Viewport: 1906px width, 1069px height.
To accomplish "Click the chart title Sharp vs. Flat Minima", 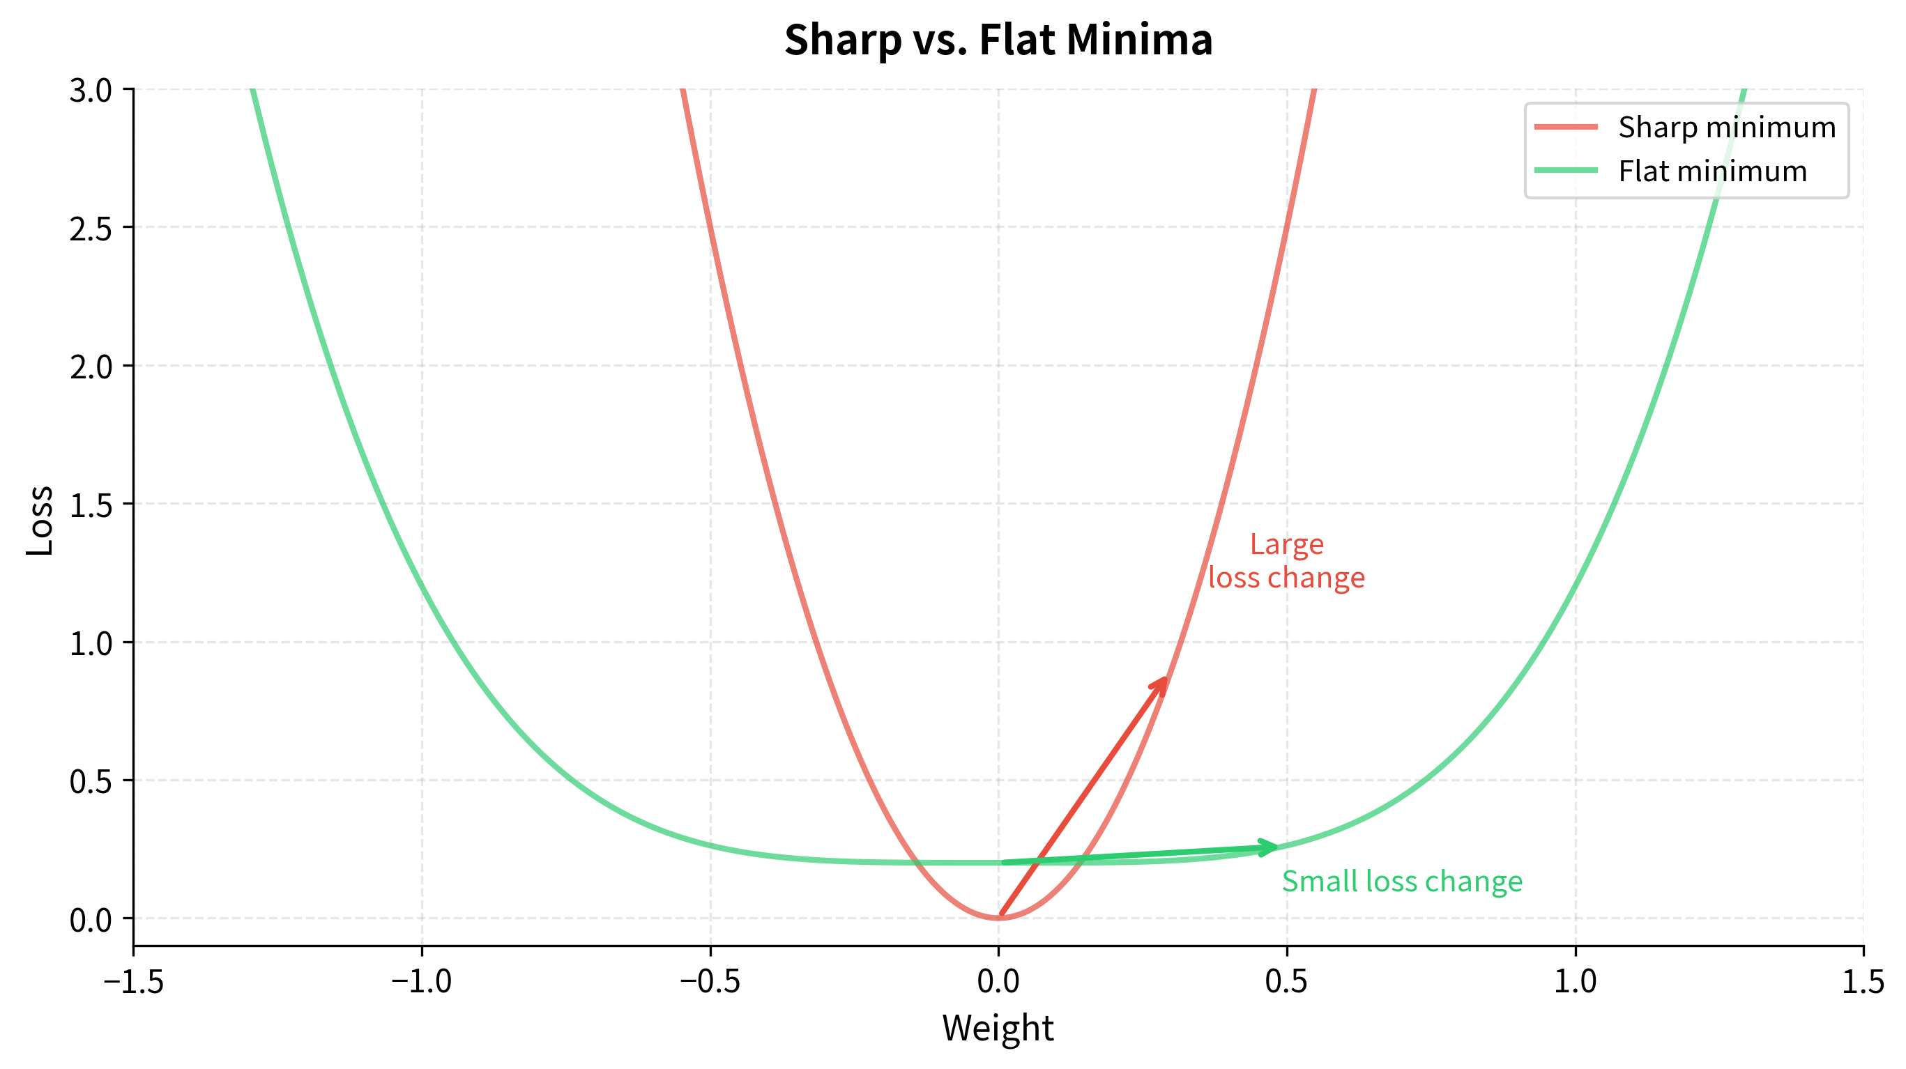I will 998,39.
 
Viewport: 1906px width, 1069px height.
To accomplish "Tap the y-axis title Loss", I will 40,520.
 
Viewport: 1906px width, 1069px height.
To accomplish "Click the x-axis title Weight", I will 998,1028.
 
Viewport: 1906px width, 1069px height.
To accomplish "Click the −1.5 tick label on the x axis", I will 133,981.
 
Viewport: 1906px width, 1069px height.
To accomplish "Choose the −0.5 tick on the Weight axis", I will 710,981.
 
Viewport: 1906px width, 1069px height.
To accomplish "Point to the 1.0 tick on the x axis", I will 1575,981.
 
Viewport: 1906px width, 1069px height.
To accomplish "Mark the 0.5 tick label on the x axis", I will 1286,981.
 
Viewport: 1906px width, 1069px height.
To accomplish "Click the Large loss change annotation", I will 1286,561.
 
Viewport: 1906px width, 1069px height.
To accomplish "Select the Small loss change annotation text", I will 1401,881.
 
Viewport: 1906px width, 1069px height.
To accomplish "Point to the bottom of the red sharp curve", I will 998,917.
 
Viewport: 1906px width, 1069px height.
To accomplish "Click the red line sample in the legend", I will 1566,128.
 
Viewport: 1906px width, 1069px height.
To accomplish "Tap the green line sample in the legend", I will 1566,171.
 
